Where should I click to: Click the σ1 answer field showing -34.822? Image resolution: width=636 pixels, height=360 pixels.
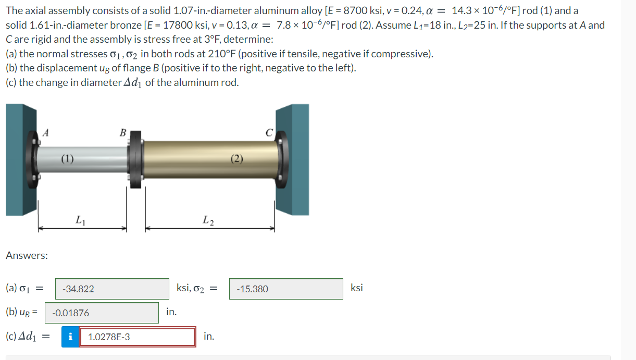112,289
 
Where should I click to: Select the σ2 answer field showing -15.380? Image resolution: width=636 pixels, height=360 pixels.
286,289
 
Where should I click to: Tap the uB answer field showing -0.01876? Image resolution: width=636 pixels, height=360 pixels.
102,313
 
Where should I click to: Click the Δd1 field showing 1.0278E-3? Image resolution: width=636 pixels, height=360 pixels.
138,337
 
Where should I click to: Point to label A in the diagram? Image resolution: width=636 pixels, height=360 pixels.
46,133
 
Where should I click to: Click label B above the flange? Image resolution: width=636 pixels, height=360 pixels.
123,132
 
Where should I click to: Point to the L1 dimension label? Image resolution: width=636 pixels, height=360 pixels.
80,220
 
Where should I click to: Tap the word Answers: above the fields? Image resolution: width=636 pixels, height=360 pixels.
27,255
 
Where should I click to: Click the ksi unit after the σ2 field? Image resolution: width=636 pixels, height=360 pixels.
357,288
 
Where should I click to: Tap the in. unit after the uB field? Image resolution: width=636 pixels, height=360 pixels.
171,312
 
